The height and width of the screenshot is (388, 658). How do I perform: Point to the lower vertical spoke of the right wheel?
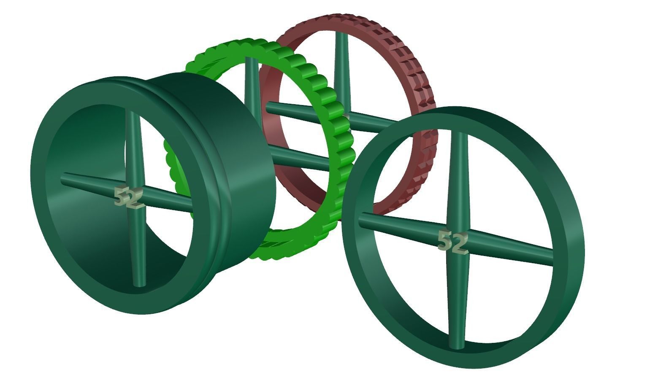(457, 304)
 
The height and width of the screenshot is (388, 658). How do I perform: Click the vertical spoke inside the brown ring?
(341, 72)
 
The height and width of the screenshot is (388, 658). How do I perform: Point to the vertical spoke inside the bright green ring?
(252, 84)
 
